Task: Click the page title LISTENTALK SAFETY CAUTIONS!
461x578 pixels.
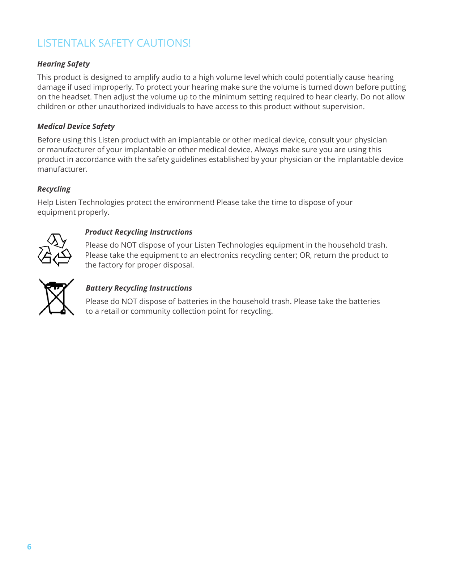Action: pos(114,43)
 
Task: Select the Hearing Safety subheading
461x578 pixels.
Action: pos(63,64)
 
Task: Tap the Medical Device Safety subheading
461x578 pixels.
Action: pos(76,127)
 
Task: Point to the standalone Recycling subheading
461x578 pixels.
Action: pos(54,189)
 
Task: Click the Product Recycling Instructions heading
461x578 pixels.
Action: pos(138,232)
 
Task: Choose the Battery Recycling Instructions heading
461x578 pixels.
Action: pos(138,288)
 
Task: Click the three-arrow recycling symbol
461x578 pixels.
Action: pos(55,250)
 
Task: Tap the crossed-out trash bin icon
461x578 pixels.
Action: pos(56,297)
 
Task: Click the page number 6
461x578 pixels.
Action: pos(29,547)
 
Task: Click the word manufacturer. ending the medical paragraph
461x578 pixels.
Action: pos(62,169)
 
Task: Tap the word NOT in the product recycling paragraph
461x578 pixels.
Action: pos(128,245)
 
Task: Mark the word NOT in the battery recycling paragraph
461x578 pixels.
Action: pos(129,301)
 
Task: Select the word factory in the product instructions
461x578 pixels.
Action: pos(110,265)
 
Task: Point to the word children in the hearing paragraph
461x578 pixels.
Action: pos(51,107)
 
